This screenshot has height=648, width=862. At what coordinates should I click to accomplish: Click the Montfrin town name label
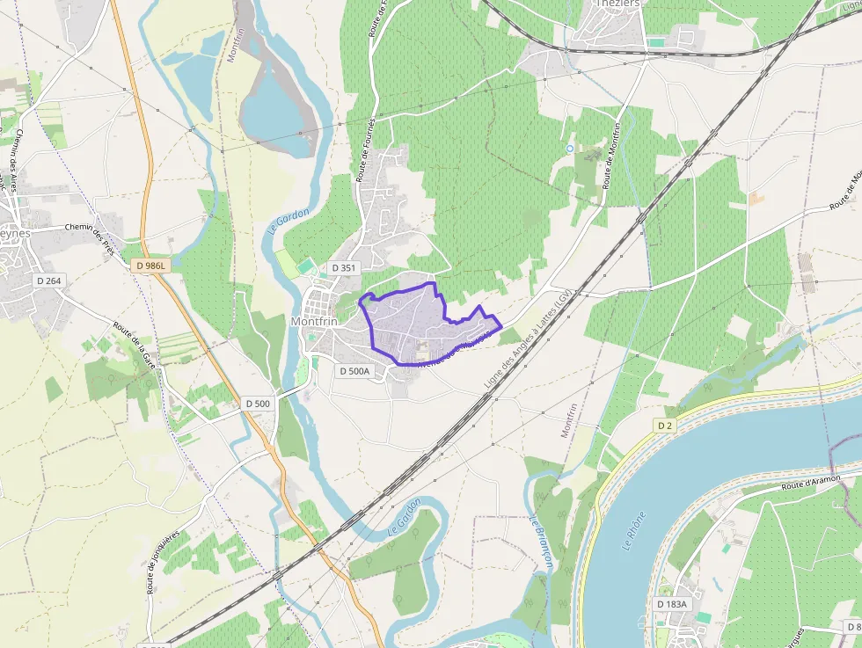coord(313,322)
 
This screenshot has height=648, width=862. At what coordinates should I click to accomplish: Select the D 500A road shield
coord(355,371)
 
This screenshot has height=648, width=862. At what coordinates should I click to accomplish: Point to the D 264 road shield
coord(49,280)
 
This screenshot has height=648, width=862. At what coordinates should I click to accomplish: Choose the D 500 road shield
coord(259,403)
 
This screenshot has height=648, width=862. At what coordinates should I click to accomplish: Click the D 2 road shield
coord(664,426)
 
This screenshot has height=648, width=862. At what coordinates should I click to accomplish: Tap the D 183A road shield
coord(671,604)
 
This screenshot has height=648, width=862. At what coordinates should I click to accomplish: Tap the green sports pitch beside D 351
coord(305,263)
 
